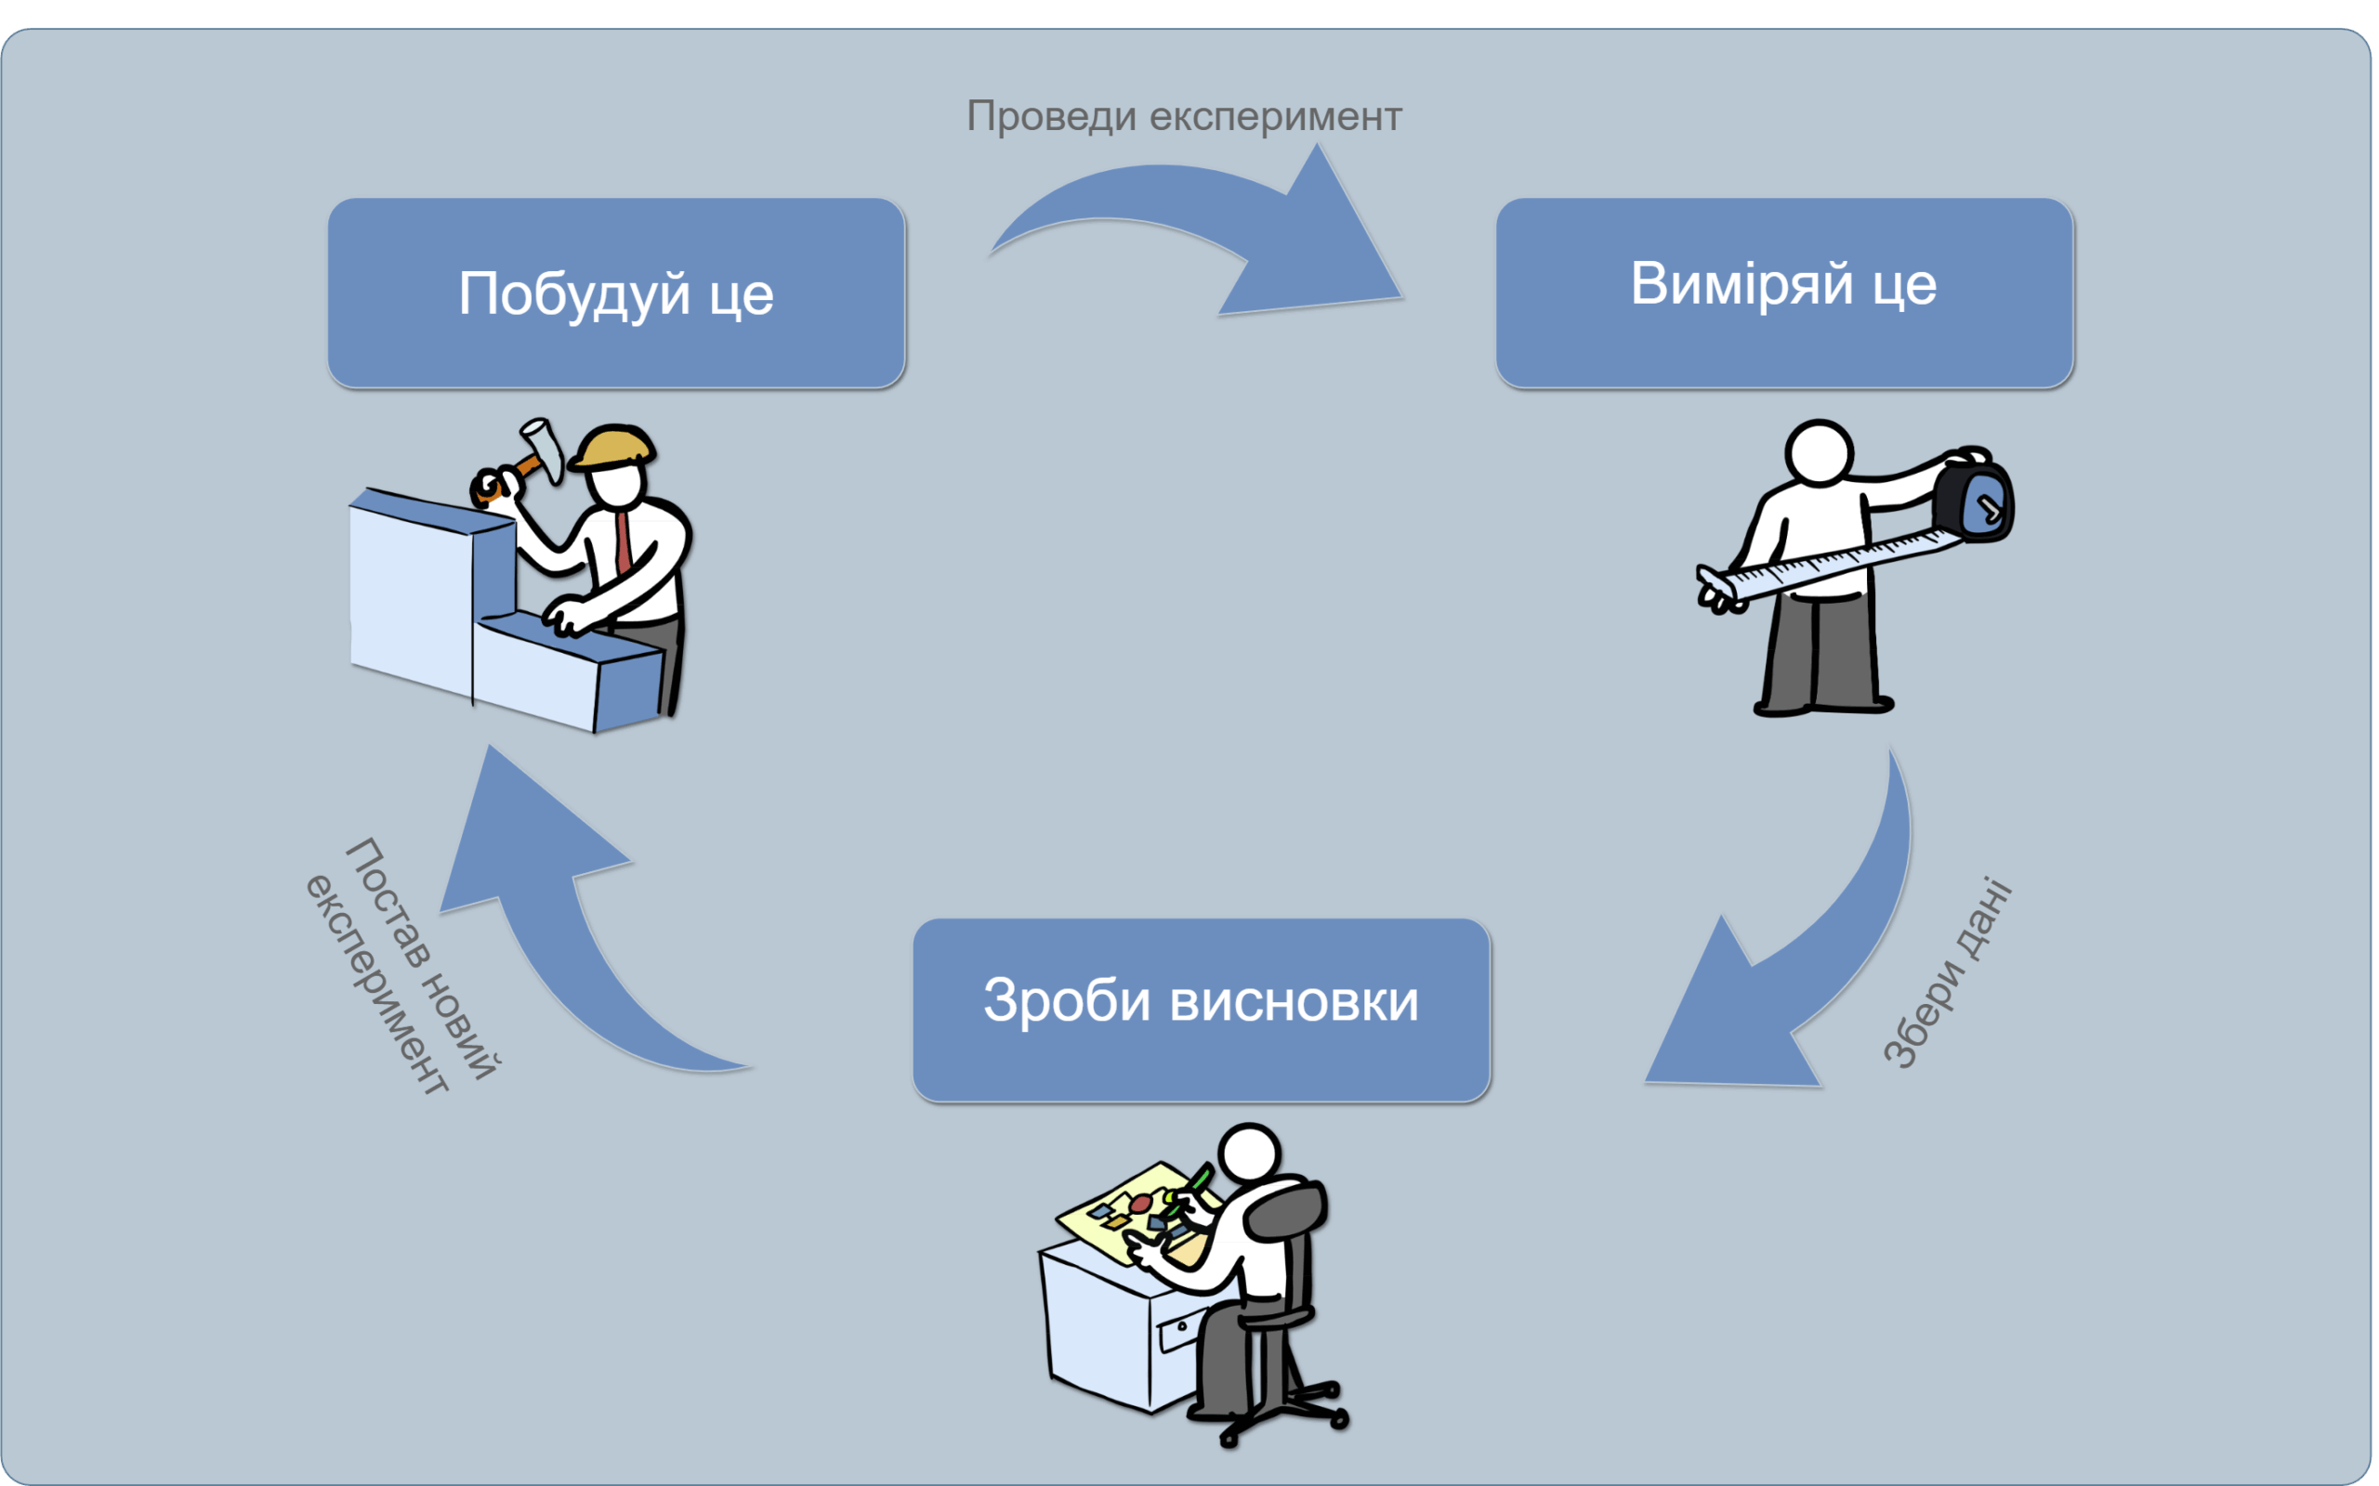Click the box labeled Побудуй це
point(616,293)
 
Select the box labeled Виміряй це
point(1784,293)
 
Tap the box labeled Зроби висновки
point(1202,1010)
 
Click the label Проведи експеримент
point(1184,116)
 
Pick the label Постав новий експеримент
point(403,968)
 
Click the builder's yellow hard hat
point(613,446)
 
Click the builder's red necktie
point(624,541)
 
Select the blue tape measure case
point(1976,502)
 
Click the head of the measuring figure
point(1819,452)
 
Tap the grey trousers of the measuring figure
point(1819,648)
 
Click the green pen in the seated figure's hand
point(1201,1176)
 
